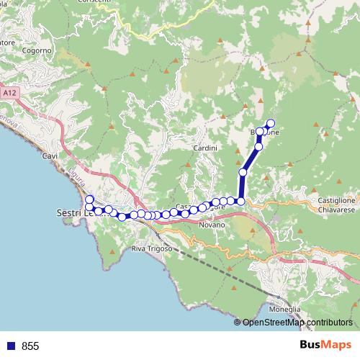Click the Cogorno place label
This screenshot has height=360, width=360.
click(x=37, y=50)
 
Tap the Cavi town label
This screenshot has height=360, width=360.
click(x=50, y=156)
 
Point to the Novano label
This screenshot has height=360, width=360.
click(x=213, y=225)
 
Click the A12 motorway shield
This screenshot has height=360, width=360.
click(x=9, y=94)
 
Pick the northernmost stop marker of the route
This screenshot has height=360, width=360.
click(x=271, y=123)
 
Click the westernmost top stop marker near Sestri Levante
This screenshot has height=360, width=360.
click(x=89, y=199)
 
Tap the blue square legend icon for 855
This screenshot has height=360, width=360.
click(x=9, y=346)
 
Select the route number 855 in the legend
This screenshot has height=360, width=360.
click(x=30, y=346)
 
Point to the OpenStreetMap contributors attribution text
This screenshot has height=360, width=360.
click(x=297, y=323)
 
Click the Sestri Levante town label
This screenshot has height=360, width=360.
click(x=72, y=213)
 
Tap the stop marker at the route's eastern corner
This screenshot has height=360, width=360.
click(x=241, y=200)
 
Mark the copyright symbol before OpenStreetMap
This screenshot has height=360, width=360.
click(x=238, y=323)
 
